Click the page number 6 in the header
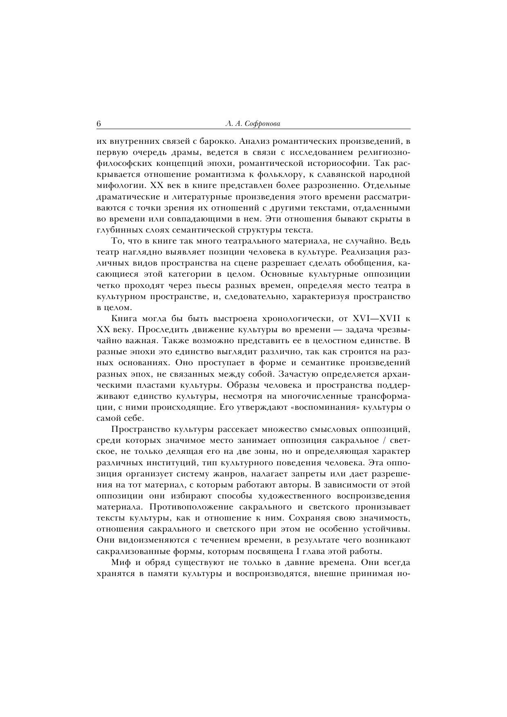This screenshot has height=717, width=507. coord(99,124)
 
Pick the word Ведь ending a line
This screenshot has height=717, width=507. coord(401,241)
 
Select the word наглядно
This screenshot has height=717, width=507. coord(143,252)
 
